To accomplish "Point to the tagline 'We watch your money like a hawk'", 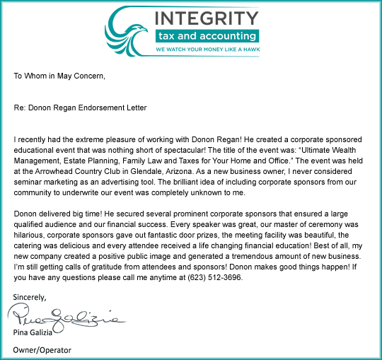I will [207, 50].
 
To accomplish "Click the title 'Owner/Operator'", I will [42, 350].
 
